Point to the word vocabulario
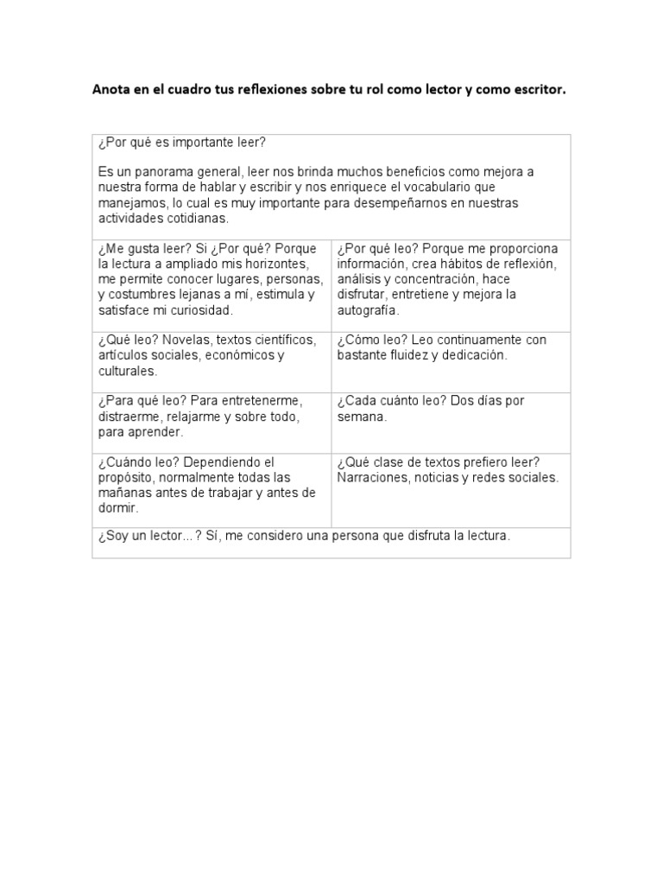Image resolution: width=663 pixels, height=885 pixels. tap(457, 187)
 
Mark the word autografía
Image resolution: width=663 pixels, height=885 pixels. tap(368, 310)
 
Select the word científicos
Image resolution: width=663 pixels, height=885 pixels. tap(282, 341)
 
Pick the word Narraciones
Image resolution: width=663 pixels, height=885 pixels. tap(374, 477)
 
